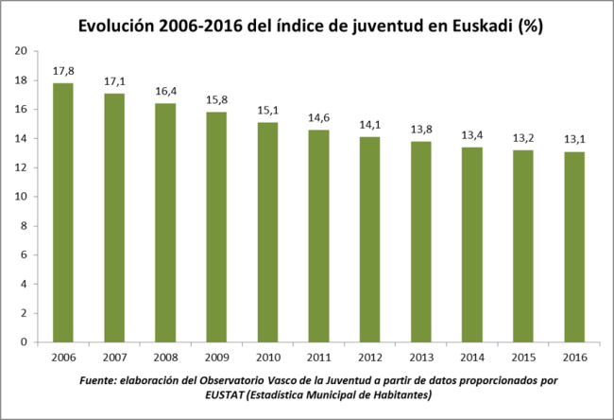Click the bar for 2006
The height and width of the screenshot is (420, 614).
pyautogui.click(x=63, y=213)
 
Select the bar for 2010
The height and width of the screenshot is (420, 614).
pyautogui.click(x=267, y=232)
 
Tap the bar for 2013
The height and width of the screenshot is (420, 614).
pyautogui.click(x=420, y=241)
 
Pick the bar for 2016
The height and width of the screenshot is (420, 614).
pyautogui.click(x=573, y=247)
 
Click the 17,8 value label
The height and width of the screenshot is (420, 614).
pyautogui.click(x=63, y=70)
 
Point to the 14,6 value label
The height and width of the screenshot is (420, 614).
pyautogui.click(x=318, y=117)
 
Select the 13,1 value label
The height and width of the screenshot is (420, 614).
pyautogui.click(x=573, y=139)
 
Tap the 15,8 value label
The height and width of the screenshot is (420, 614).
pyautogui.click(x=216, y=99)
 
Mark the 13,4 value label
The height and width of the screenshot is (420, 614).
pyautogui.click(x=471, y=134)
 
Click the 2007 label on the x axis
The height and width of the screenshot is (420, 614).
pyautogui.click(x=114, y=357)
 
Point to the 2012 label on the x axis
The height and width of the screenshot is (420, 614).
pyautogui.click(x=369, y=357)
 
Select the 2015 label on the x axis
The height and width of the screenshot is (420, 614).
pyautogui.click(x=522, y=357)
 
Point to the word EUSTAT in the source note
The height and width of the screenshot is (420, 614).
pyautogui.click(x=199, y=394)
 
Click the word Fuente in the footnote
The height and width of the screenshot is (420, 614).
pyautogui.click(x=99, y=379)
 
